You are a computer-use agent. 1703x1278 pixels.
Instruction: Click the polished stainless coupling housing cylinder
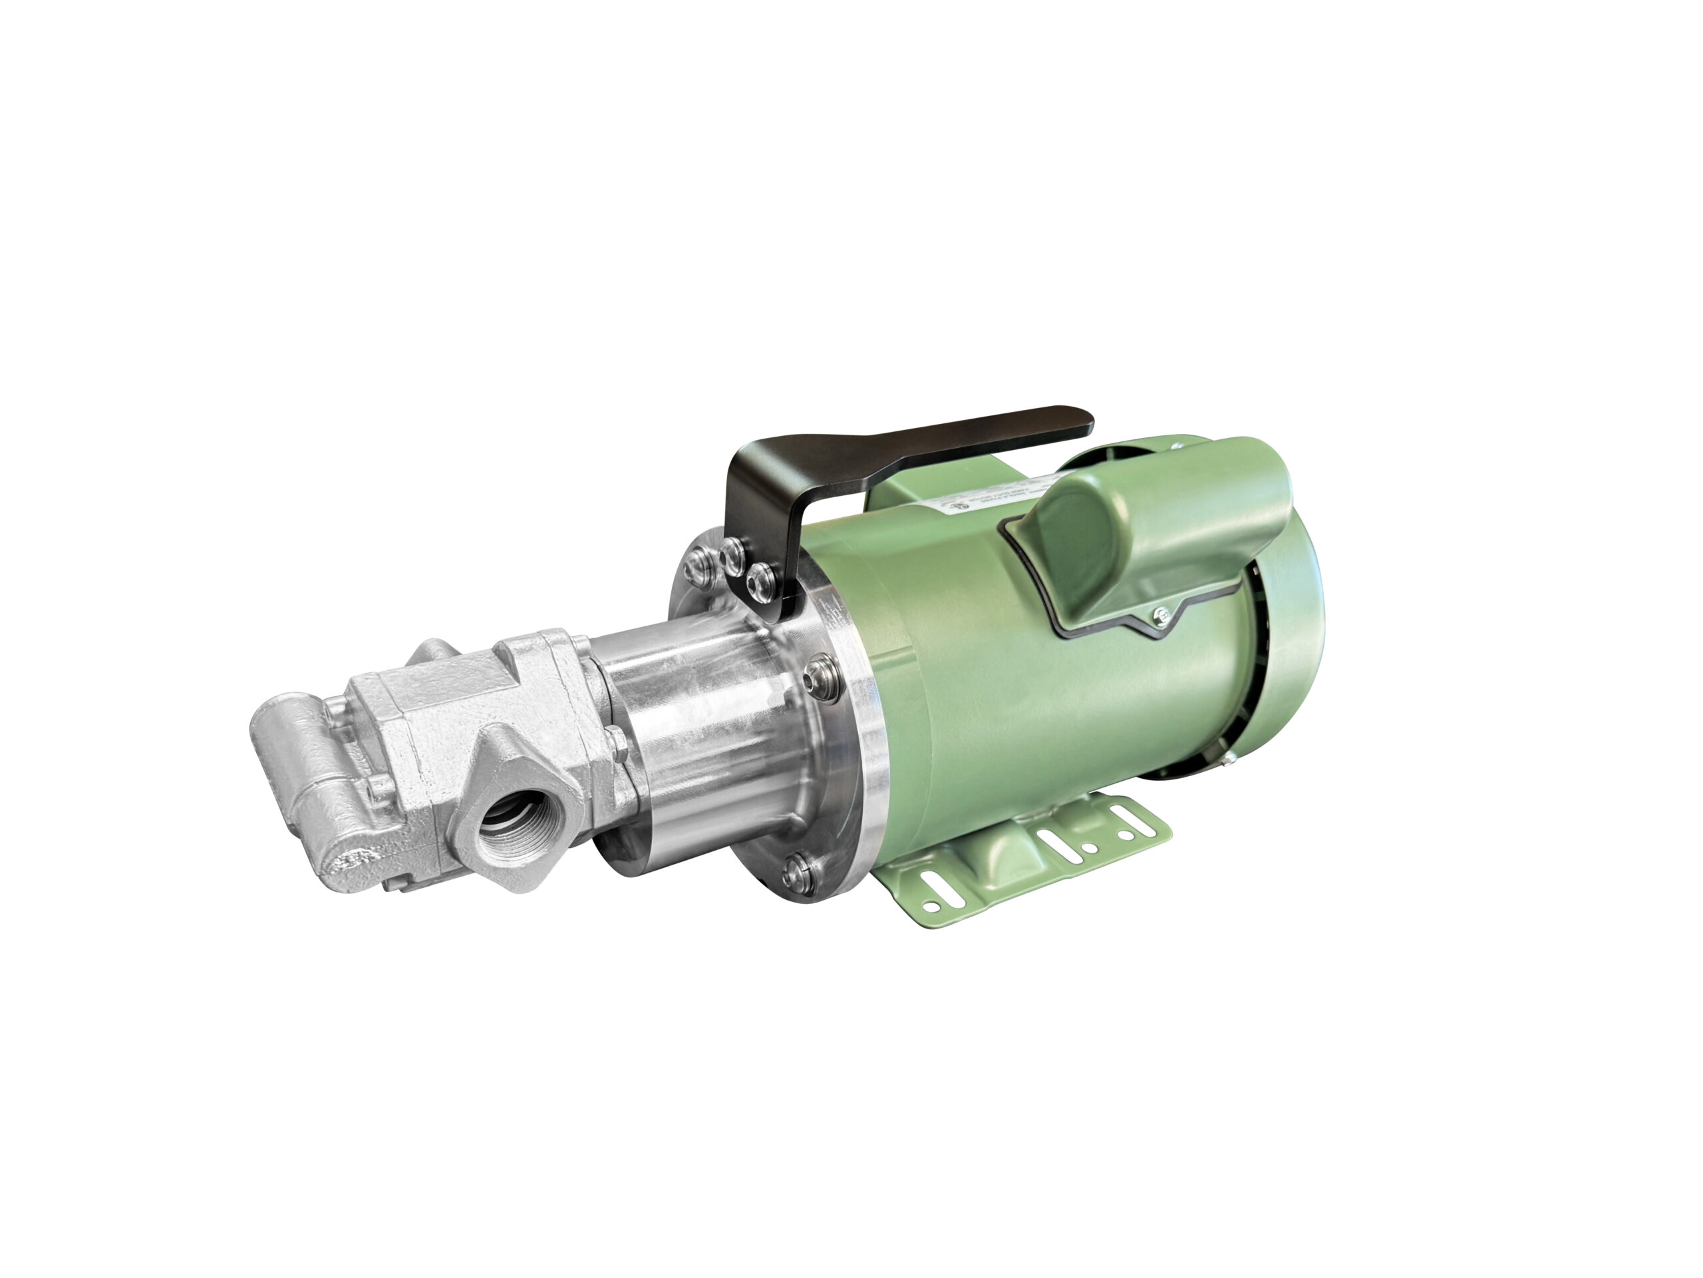click(x=693, y=732)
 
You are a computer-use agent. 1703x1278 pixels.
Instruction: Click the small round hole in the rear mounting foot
click(x=1126, y=834)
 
